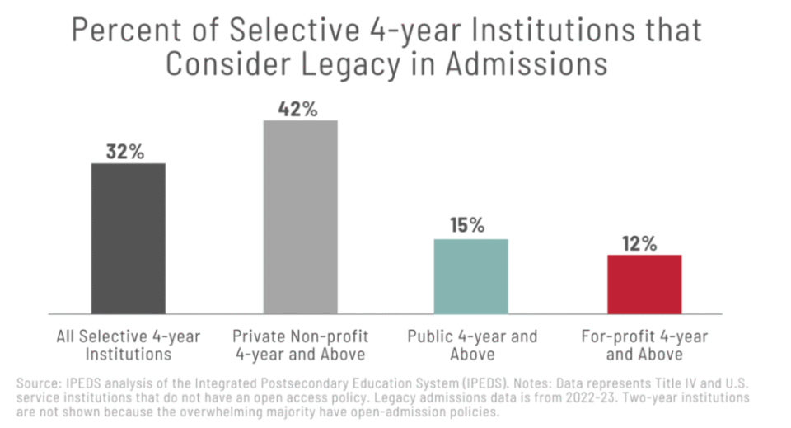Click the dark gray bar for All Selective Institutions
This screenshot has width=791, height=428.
point(128,238)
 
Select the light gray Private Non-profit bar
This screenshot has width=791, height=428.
point(301,217)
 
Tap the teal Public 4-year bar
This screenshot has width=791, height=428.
point(472,276)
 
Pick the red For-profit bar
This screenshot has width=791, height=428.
point(644,284)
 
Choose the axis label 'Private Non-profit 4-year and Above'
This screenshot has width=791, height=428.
point(300,346)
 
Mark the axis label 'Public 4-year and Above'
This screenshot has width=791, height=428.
point(472,346)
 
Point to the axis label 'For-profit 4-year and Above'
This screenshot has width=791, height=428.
point(644,346)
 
